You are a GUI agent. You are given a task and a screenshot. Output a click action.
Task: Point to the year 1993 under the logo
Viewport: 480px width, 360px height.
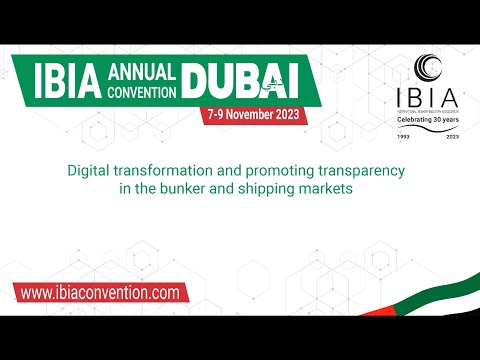pos(404,135)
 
